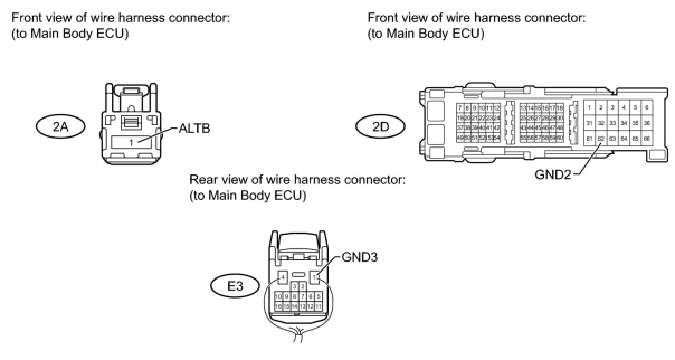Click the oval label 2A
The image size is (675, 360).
pyautogui.click(x=60, y=127)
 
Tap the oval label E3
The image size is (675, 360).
pyautogui.click(x=235, y=287)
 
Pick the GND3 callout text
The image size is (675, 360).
pyautogui.click(x=356, y=258)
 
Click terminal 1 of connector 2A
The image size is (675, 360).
pyautogui.click(x=132, y=142)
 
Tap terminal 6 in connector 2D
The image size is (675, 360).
pyautogui.click(x=647, y=107)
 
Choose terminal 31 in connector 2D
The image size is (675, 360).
pyautogui.click(x=590, y=122)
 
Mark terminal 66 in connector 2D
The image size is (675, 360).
pyautogui.click(x=647, y=138)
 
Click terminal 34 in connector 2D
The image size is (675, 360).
pyautogui.click(x=624, y=122)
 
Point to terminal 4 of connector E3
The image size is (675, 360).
pyautogui.click(x=283, y=276)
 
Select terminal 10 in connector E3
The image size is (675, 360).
pyautogui.click(x=278, y=296)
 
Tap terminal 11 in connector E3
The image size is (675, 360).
pyautogui.click(x=318, y=307)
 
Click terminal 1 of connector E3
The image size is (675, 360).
pyautogui.click(x=316, y=276)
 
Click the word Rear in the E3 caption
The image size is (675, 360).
pyautogui.click(x=202, y=180)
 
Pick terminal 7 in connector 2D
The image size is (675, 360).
pyautogui.click(x=460, y=107)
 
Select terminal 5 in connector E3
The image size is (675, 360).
pyautogui.click(x=318, y=296)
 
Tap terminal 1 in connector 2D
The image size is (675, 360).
pyautogui.click(x=590, y=107)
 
